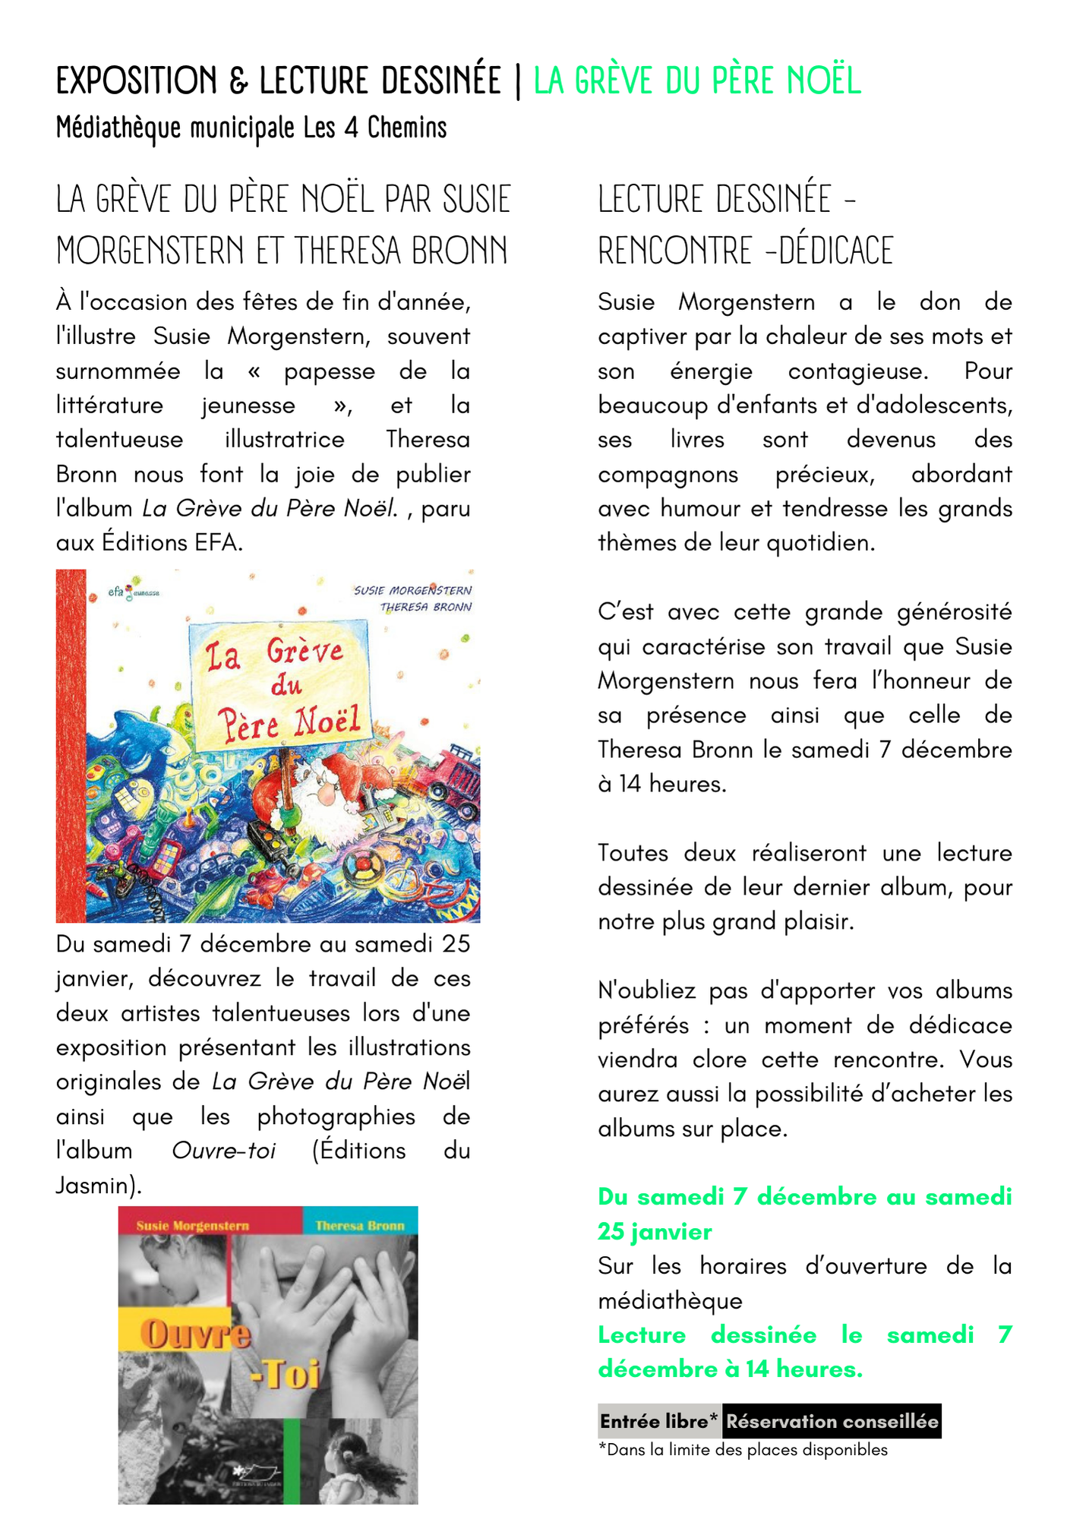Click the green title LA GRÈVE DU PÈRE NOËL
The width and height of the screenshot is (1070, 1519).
tap(697, 81)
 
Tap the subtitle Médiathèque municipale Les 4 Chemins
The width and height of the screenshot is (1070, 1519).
tap(251, 128)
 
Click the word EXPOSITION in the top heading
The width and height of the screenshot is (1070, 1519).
tap(137, 81)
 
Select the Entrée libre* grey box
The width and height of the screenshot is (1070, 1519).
tap(658, 1421)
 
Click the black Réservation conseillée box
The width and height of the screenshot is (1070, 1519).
tap(832, 1421)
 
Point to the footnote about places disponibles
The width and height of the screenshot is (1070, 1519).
tap(743, 1450)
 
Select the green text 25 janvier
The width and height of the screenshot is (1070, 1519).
tap(655, 1232)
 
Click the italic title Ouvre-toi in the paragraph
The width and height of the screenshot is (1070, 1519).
tap(223, 1151)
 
